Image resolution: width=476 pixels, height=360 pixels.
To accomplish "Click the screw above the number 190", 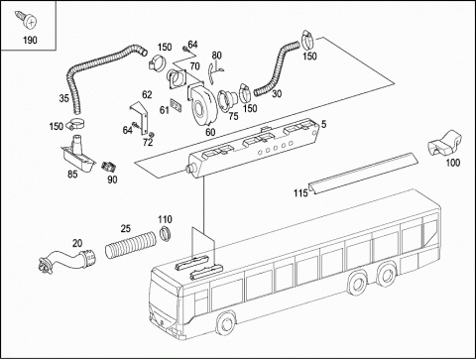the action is [x=27, y=20].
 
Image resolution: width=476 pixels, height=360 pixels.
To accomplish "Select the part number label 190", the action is [x=30, y=41].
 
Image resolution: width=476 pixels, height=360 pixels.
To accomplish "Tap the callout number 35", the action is [x=64, y=98].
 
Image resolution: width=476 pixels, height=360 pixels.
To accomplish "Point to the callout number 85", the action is [x=72, y=174].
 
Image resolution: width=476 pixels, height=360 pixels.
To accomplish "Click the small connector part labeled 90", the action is [x=109, y=167].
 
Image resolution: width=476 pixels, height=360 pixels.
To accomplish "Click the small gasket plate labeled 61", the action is [x=177, y=104].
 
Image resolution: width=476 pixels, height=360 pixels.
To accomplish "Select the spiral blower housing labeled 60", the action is [x=201, y=105].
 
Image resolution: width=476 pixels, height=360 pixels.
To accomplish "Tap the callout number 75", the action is [x=233, y=116].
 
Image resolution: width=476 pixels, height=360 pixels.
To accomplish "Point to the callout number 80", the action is [x=216, y=56].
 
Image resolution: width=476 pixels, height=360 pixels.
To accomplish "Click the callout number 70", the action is [x=194, y=66].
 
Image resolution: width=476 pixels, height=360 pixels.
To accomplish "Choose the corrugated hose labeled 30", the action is [x=276, y=70].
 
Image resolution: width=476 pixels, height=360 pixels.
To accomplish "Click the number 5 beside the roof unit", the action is [x=324, y=124].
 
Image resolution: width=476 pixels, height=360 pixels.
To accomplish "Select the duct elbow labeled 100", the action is [x=444, y=144].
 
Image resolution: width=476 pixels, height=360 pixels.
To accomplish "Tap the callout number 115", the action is [x=300, y=193].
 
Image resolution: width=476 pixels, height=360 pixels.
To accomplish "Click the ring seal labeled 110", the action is [x=165, y=233].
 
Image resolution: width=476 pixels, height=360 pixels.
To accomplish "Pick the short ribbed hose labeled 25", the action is [x=131, y=245].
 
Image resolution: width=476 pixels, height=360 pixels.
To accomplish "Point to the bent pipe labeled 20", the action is [x=66, y=259].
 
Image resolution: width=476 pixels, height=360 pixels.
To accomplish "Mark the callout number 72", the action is [x=148, y=143].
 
